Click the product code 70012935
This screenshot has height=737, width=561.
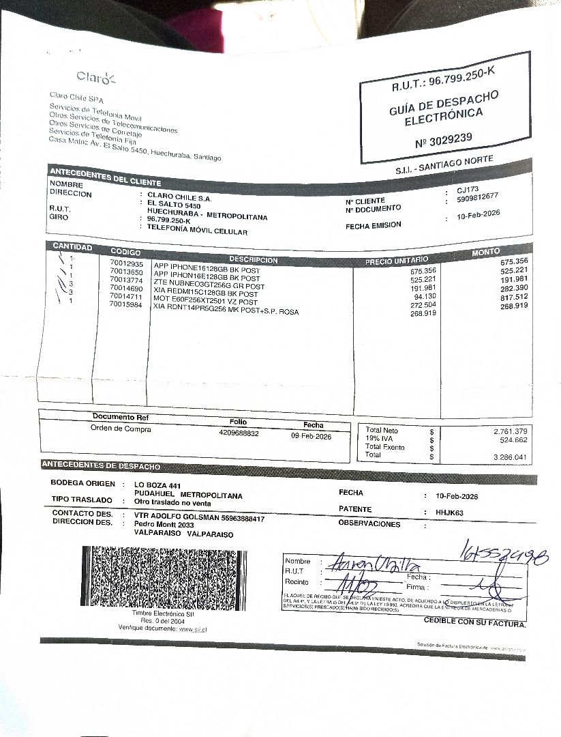(x=126, y=263)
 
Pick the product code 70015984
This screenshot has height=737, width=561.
(x=126, y=304)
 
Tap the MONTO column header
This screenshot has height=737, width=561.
(x=485, y=252)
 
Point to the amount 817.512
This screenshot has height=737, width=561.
(x=513, y=297)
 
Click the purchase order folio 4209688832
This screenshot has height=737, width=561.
(x=239, y=433)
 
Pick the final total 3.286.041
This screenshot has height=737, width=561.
(x=510, y=457)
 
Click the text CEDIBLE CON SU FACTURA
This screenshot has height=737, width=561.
(x=474, y=622)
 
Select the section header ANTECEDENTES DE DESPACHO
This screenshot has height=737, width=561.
(x=102, y=466)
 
